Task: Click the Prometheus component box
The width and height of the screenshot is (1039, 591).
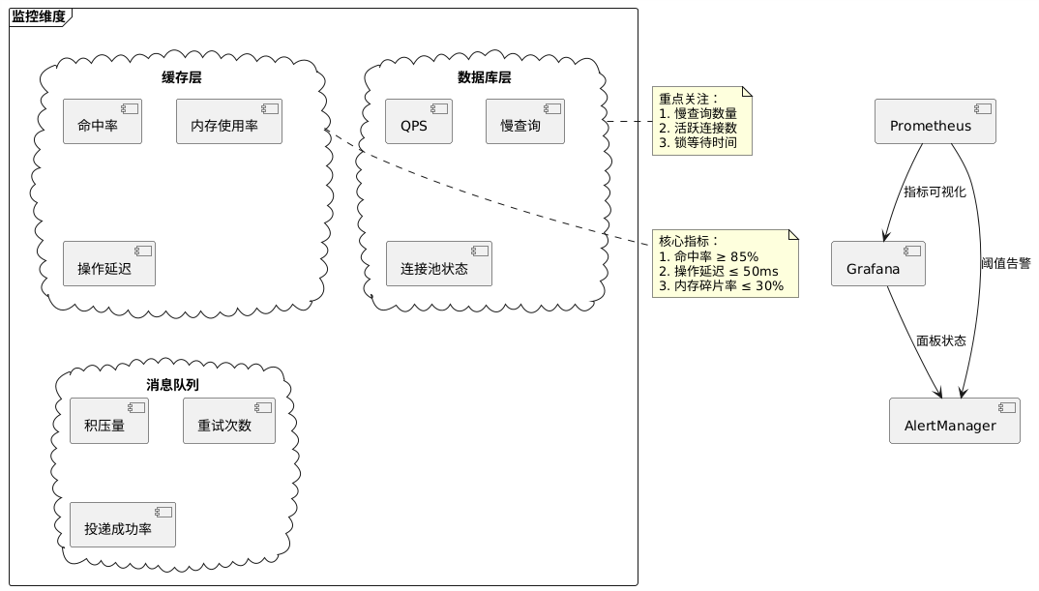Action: click(935, 122)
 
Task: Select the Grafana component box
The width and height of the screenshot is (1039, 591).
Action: click(877, 264)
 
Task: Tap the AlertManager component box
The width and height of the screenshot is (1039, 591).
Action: click(954, 421)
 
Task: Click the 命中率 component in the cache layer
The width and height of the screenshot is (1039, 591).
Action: click(103, 122)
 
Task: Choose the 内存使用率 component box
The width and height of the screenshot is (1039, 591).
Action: click(228, 122)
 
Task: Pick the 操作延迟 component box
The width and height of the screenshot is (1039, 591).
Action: click(108, 264)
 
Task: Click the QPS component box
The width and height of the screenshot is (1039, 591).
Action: click(418, 122)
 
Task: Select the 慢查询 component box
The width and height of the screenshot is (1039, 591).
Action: click(524, 122)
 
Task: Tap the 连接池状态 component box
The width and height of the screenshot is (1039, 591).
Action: click(438, 264)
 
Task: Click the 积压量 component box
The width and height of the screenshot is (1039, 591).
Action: click(108, 421)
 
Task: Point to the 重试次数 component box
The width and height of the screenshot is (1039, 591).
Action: click(228, 421)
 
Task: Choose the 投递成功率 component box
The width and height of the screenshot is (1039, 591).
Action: click(122, 525)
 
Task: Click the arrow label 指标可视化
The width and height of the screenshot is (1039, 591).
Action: click(935, 192)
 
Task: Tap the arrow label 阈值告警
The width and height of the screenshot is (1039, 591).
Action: click(1005, 263)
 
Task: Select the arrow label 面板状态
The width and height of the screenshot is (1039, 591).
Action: click(940, 341)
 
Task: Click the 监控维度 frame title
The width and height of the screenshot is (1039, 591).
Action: click(40, 16)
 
